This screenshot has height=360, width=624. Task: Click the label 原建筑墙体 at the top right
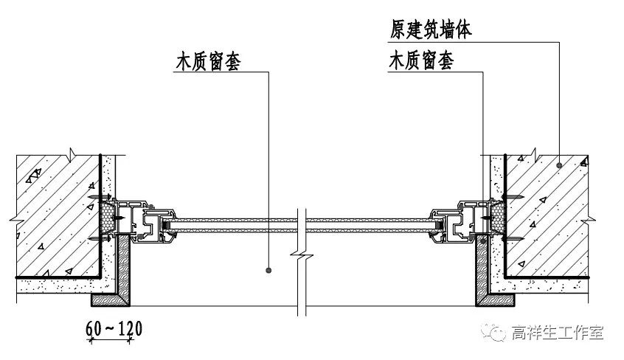431,30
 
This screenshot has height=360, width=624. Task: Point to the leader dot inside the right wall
559,165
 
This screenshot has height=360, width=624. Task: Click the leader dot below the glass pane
268,270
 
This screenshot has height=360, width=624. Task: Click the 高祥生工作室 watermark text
558,333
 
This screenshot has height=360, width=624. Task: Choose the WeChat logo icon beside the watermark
494,333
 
